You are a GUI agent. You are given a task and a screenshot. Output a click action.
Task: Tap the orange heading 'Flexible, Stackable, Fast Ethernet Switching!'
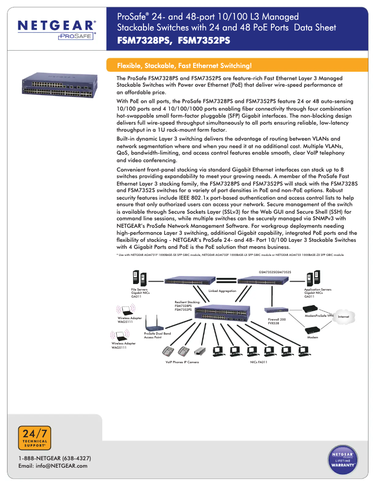(184, 65)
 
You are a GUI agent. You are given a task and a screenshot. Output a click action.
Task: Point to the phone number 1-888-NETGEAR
(54, 458)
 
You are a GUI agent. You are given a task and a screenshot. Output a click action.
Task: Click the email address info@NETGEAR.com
(53, 466)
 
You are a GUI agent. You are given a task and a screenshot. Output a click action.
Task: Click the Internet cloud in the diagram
(344, 317)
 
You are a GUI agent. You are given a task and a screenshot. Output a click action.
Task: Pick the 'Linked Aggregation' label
(222, 291)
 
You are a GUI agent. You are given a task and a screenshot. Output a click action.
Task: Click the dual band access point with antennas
(151, 323)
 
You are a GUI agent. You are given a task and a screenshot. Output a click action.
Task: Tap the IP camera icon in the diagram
(199, 351)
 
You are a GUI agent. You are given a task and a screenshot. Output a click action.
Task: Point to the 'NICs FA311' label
(259, 362)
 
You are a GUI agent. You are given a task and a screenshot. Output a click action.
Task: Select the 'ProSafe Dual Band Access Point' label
(157, 335)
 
